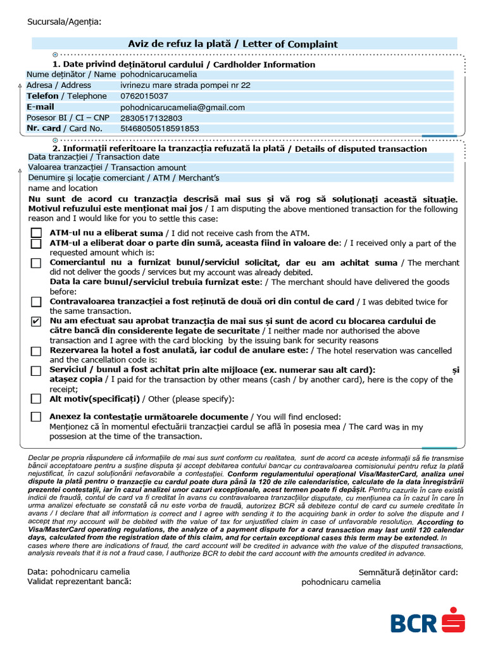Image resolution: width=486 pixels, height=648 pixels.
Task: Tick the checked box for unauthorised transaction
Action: [36, 322]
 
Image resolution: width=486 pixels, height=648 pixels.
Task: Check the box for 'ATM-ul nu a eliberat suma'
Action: [36, 233]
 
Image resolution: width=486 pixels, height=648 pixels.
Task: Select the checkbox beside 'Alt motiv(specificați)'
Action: [36, 399]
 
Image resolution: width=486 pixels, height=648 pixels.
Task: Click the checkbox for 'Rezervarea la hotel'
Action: [36, 351]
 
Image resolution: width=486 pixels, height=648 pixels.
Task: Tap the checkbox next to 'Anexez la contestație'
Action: [36, 417]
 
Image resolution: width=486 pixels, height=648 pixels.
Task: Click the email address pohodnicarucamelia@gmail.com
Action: [182, 108]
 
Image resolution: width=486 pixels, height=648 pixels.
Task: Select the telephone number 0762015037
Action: [144, 96]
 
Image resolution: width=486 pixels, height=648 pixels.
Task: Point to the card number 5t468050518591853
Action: [159, 128]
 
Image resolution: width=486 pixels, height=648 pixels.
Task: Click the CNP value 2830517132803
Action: [151, 118]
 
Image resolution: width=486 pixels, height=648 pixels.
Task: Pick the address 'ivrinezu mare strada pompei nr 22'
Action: [185, 85]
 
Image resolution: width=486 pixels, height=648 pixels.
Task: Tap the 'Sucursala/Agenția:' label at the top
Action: [64, 22]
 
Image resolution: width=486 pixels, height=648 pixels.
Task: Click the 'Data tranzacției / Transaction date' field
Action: [94, 157]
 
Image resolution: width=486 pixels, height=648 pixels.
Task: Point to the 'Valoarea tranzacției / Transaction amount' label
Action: [107, 168]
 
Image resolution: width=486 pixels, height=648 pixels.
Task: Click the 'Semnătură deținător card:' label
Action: [408, 573]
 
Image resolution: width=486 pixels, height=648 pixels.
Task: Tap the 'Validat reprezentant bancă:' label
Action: [80, 582]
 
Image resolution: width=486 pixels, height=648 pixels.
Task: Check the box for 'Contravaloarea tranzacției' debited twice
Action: [36, 302]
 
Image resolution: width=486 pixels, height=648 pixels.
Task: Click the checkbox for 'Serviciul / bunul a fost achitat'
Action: [36, 371]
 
